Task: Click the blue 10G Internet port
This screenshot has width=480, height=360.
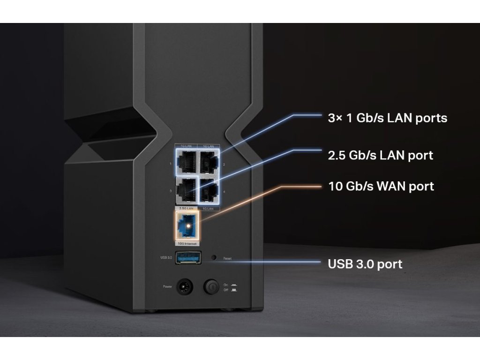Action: [x=187, y=226]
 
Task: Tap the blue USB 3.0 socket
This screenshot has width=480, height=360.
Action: [x=188, y=258]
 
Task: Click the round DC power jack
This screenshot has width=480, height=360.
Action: [x=185, y=286]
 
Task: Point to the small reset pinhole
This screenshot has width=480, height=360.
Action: [x=214, y=257]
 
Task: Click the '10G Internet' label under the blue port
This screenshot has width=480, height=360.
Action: [x=187, y=244]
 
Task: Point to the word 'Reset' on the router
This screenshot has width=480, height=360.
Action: [x=227, y=258]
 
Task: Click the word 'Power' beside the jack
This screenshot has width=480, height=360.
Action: [x=168, y=286]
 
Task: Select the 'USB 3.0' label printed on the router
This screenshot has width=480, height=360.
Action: [x=166, y=257]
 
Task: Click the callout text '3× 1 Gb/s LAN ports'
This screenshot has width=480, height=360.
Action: [x=387, y=118]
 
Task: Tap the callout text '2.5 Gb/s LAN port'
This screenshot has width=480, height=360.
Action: [x=380, y=155]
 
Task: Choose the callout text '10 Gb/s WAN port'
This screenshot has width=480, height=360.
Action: [x=381, y=186]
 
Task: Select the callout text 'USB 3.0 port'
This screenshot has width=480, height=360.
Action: [x=365, y=264]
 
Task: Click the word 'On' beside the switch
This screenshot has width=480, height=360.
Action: [x=226, y=284]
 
